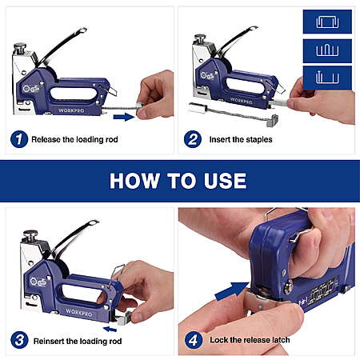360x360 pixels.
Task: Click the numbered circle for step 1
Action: [x=19, y=139]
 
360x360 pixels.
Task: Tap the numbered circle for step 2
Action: [x=193, y=139]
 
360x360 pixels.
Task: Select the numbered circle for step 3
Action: [x=19, y=340]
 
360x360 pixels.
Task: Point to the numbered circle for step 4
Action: [x=194, y=340]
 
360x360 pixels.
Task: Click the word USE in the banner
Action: [x=226, y=181]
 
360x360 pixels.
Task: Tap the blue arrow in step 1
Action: [x=124, y=117]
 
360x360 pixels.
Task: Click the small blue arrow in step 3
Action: [x=110, y=329]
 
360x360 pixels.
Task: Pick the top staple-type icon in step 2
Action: [x=327, y=22]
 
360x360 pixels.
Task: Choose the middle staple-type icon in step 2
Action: [x=327, y=50]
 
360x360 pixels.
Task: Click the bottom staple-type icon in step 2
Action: [x=327, y=78]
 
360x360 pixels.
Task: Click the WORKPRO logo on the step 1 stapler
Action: [x=71, y=110]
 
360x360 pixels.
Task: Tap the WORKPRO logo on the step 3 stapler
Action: [x=79, y=313]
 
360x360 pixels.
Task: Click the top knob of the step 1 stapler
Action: [x=20, y=48]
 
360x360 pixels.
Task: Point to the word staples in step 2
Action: [x=259, y=140]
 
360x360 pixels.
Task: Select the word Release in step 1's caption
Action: [x=46, y=139]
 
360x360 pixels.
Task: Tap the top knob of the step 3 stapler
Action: [x=30, y=236]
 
